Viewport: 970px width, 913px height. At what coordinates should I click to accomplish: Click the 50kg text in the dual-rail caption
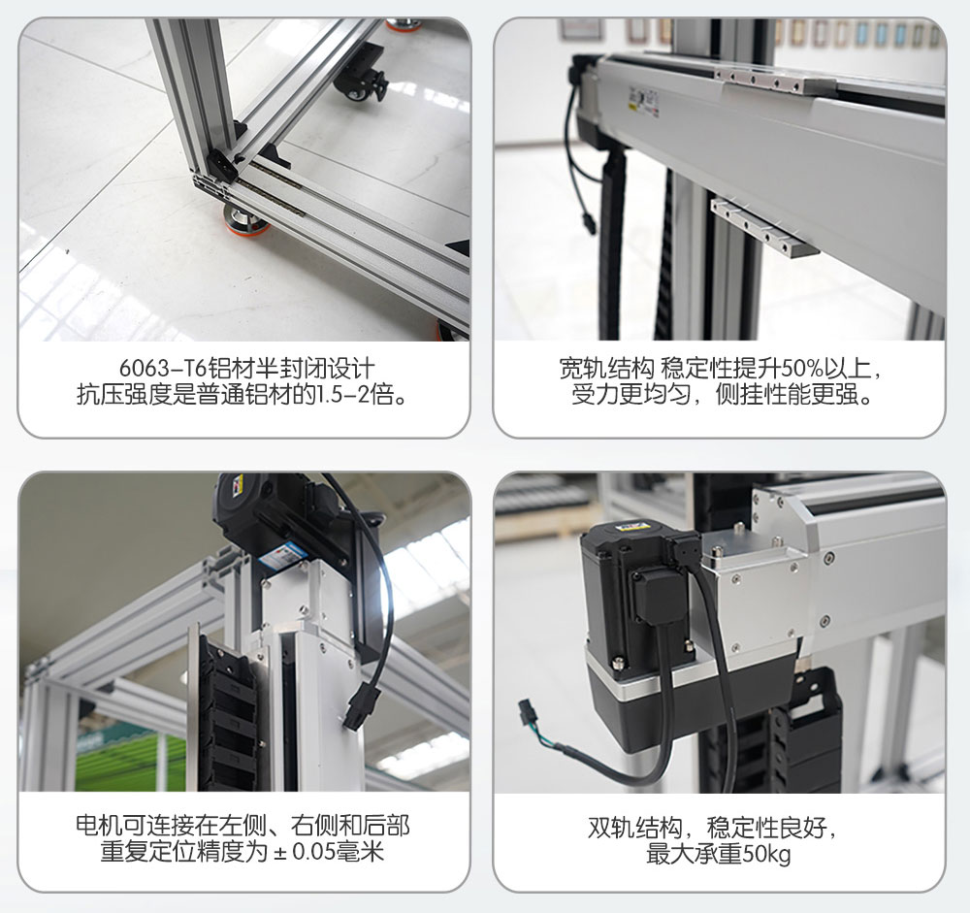(766, 854)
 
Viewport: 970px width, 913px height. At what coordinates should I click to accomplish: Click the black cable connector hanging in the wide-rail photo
(589, 223)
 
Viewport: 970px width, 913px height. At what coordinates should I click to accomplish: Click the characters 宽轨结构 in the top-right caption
(606, 369)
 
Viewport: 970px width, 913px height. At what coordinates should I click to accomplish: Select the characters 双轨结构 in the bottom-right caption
(635, 828)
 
